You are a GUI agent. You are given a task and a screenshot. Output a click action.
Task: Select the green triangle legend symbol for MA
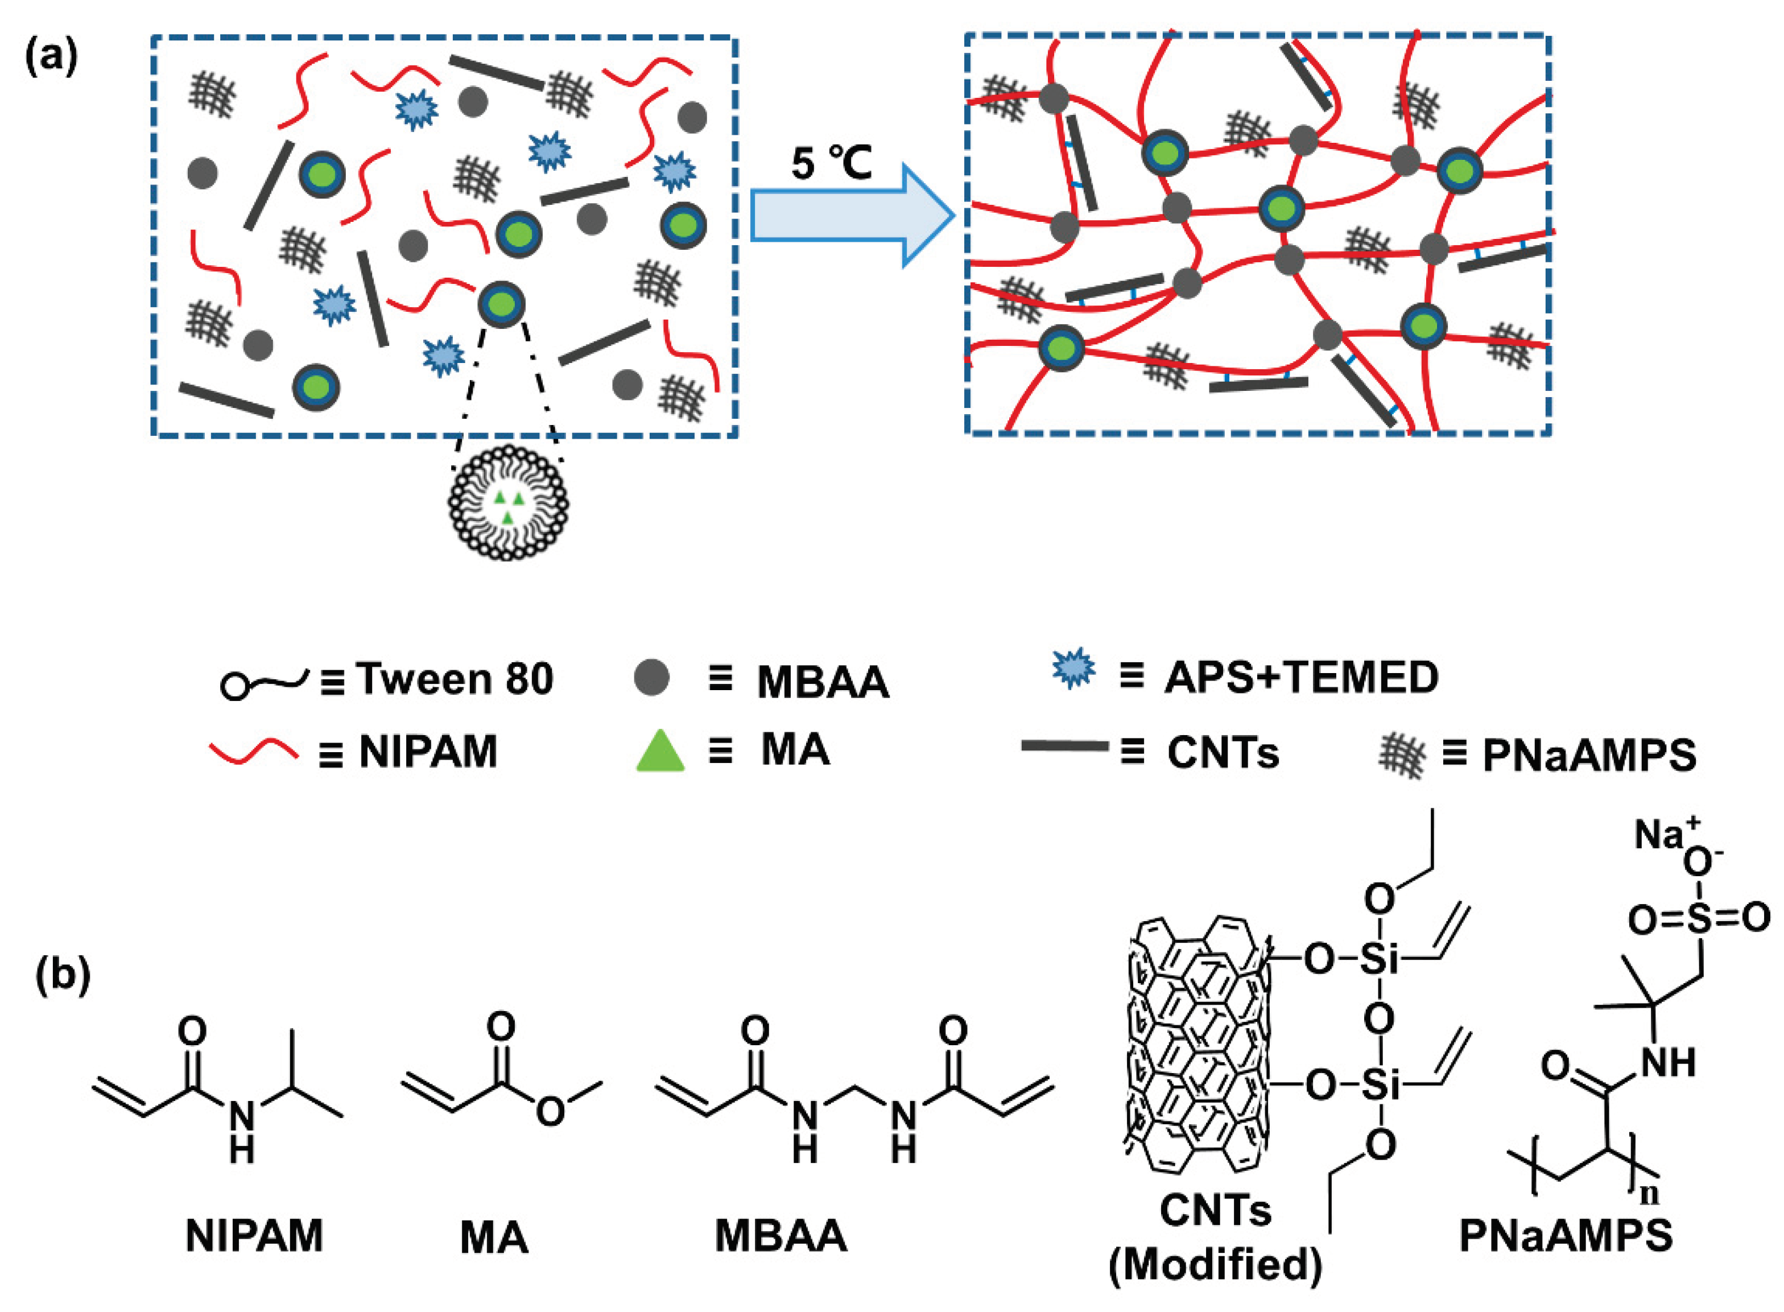pyautogui.click(x=660, y=752)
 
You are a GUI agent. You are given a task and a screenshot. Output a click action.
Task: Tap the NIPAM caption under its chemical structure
pyautogui.click(x=254, y=1236)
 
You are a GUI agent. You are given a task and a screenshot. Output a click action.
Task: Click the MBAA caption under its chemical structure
pyautogui.click(x=780, y=1236)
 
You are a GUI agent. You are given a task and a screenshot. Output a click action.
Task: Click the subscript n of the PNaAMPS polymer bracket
pyautogui.click(x=1651, y=1194)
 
